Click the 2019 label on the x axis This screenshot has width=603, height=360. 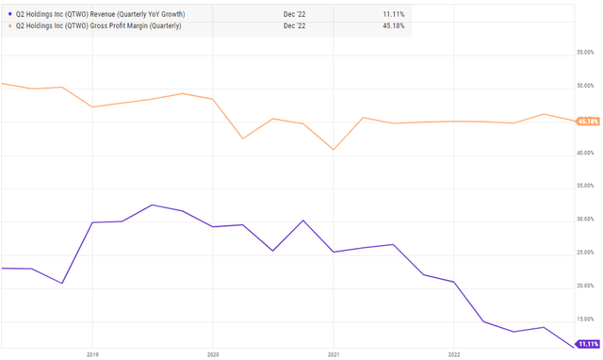pyautogui.click(x=91, y=355)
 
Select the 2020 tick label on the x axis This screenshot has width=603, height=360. pyautogui.click(x=212, y=355)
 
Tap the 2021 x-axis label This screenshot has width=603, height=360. pyautogui.click(x=333, y=355)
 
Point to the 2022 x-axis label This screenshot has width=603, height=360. pyautogui.click(x=453, y=355)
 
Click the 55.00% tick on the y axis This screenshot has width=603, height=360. pyautogui.click(x=587, y=54)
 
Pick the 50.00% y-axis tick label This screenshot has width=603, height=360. pyautogui.click(x=587, y=87)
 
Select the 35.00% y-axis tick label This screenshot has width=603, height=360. pyautogui.click(x=587, y=188)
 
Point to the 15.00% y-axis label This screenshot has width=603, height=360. pyautogui.click(x=587, y=321)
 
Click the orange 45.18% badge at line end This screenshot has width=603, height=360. pyautogui.click(x=588, y=122)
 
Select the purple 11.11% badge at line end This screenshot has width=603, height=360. pyautogui.click(x=588, y=345)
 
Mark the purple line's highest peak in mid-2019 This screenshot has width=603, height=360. pyautogui.click(x=152, y=205)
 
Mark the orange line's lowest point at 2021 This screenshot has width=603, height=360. pyautogui.click(x=333, y=150)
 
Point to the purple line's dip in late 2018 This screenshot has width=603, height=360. pyautogui.click(x=62, y=283)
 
